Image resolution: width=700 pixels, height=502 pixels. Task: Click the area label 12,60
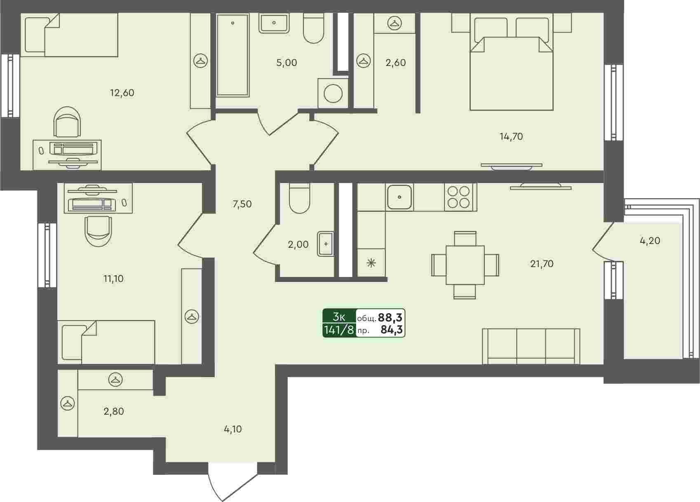point(122,93)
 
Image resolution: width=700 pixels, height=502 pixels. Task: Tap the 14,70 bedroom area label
point(511,136)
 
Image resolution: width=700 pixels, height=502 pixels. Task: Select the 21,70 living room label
point(542,264)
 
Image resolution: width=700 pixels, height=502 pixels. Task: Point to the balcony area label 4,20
point(650,241)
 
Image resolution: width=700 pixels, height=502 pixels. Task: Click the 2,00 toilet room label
point(298,244)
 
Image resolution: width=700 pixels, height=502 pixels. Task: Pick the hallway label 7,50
point(242,204)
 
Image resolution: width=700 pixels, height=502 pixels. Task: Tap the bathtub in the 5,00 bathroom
point(233,55)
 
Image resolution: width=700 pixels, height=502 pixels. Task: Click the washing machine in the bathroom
point(333,93)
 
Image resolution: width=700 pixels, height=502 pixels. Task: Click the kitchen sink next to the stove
point(399,197)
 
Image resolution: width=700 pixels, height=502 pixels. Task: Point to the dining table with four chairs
point(465,265)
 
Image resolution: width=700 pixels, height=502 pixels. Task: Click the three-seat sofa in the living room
point(531,346)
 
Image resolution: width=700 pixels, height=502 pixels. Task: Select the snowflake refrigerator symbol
point(371,263)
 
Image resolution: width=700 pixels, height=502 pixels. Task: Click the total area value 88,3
point(390,317)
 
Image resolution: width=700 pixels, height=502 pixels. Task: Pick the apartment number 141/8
point(339,330)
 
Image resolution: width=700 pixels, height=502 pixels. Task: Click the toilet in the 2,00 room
point(299,198)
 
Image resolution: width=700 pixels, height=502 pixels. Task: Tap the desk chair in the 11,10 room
point(98,231)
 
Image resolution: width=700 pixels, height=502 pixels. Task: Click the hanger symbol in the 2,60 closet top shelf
point(395,23)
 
